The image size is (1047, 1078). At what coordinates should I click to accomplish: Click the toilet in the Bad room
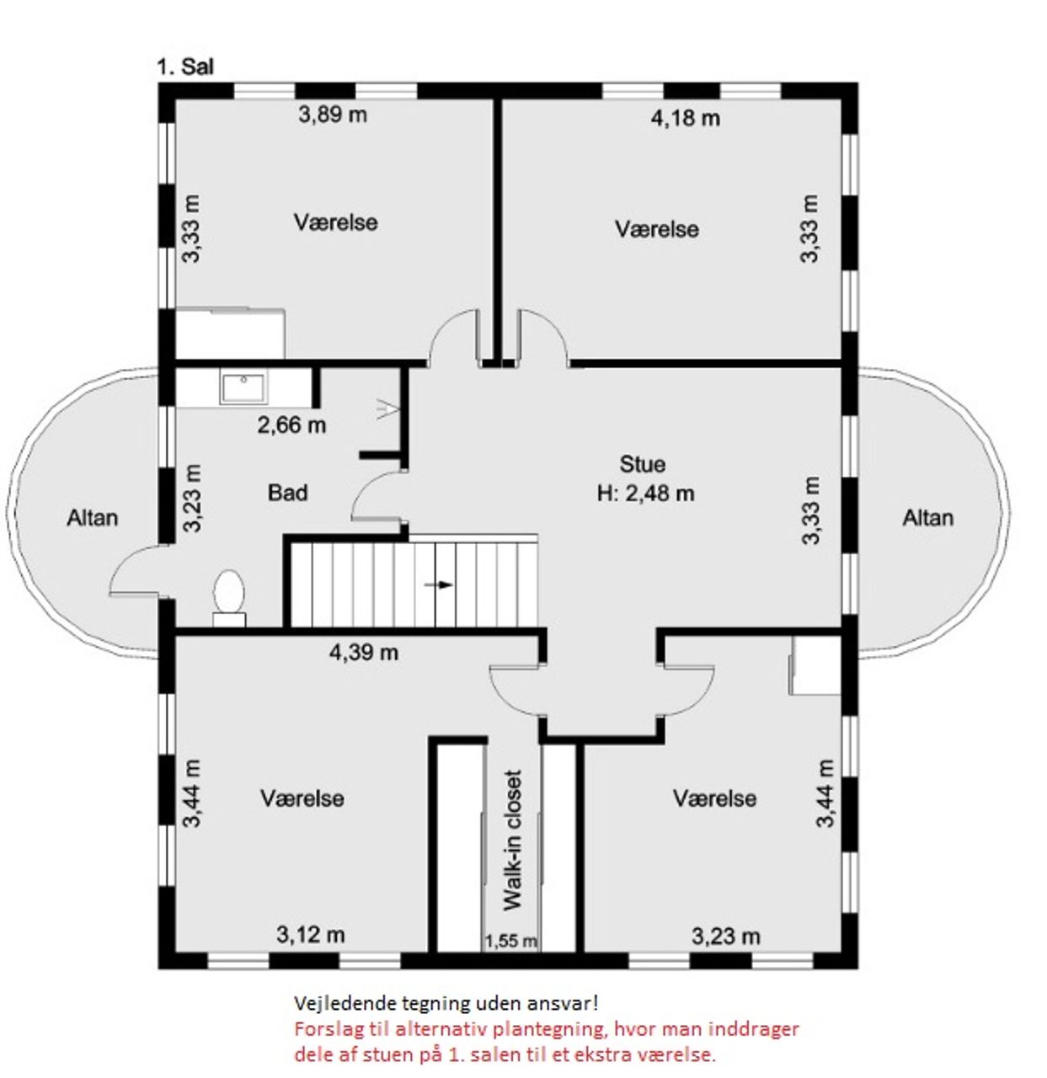point(229,598)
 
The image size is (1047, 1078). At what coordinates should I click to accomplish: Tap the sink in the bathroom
point(243,387)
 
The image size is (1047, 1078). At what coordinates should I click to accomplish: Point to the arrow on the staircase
point(439,584)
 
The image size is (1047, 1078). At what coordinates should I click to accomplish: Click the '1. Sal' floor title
point(185,67)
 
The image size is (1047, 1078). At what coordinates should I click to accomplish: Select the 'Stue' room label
point(643,464)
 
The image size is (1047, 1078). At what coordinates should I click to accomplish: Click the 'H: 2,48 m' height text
point(645,493)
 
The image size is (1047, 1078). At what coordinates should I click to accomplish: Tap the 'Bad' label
point(287,493)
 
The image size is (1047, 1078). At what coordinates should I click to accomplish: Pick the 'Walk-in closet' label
point(513,840)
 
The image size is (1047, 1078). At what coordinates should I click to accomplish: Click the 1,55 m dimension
point(510,941)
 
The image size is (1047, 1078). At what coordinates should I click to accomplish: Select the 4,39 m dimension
point(364,652)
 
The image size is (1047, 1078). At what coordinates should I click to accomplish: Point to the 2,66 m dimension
point(292,425)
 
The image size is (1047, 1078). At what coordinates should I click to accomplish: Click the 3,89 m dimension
point(333,115)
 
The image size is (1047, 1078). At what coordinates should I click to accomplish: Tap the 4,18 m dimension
point(686,118)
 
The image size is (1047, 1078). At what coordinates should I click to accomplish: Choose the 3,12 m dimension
point(311,935)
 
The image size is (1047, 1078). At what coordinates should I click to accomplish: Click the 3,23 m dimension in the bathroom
point(192,498)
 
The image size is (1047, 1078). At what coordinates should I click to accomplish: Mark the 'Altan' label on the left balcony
point(93,518)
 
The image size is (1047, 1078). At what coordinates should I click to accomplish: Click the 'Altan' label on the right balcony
point(928,518)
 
